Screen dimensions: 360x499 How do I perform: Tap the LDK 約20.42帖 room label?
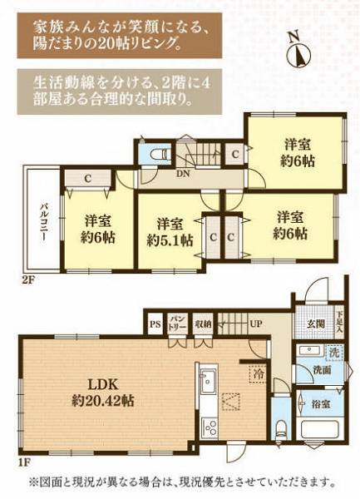[103, 392]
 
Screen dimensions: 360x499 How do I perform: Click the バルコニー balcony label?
[43, 221]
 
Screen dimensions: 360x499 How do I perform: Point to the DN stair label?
[183, 174]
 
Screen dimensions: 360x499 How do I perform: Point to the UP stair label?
[256, 324]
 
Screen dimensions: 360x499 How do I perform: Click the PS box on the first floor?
[155, 325]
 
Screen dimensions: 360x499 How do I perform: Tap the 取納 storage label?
[203, 324]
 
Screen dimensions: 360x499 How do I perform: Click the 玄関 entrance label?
[315, 324]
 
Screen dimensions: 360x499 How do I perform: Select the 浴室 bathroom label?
[321, 404]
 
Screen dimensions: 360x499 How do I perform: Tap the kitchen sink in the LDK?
[208, 383]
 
